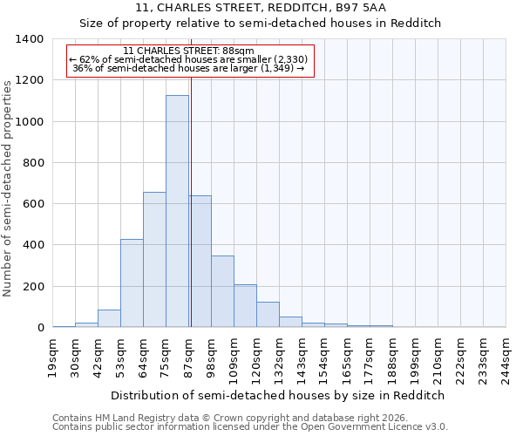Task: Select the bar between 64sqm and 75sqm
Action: (x=154, y=260)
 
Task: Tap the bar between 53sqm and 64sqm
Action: (x=132, y=283)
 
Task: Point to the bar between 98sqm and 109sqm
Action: (x=222, y=291)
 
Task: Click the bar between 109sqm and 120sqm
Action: (x=245, y=305)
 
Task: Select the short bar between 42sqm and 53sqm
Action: (x=109, y=318)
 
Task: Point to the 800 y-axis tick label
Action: (x=32, y=163)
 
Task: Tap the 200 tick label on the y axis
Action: (x=32, y=287)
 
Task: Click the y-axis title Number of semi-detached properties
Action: (x=9, y=187)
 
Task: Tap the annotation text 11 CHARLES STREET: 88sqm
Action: (x=188, y=51)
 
